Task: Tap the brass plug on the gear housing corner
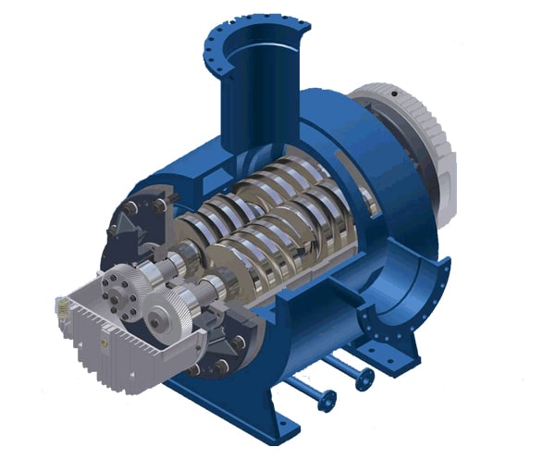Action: tap(61, 301)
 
